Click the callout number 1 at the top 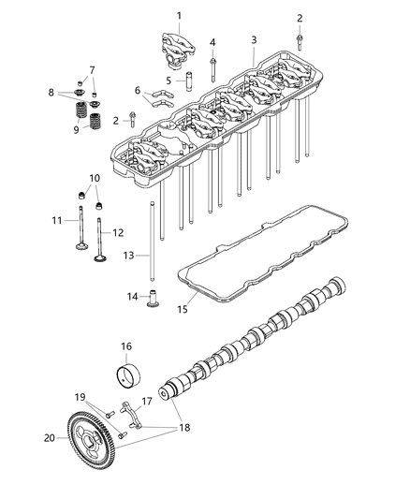click(179, 15)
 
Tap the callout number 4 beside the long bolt click(212, 43)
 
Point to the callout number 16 click(126, 345)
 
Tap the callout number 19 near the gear click(81, 396)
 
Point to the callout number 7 click(92, 69)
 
